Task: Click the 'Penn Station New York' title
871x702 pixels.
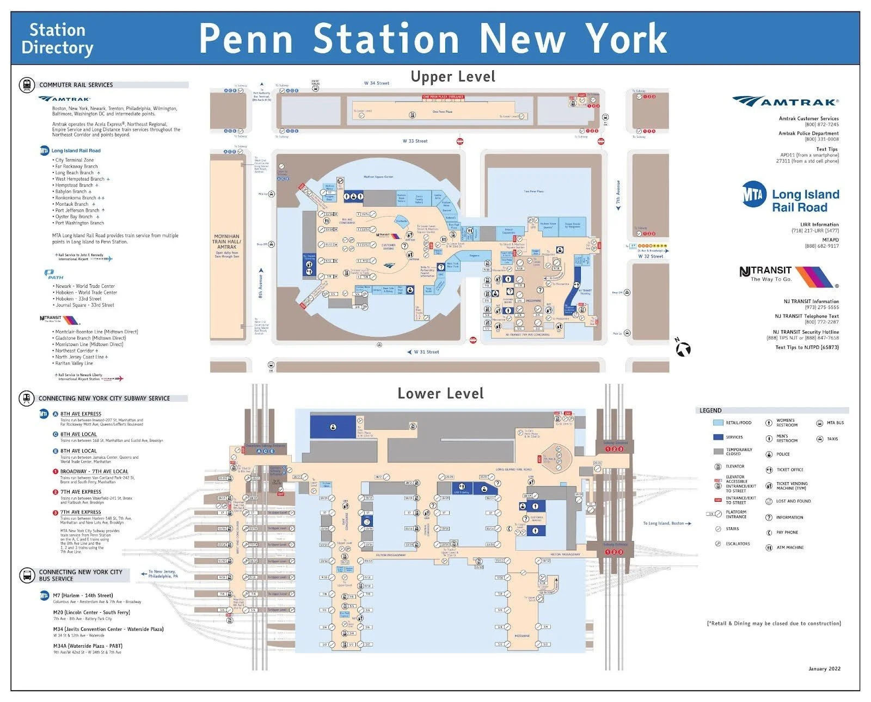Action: pyautogui.click(x=433, y=38)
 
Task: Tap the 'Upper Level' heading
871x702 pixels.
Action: pyautogui.click(x=453, y=77)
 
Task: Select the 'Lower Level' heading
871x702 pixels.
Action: pyautogui.click(x=440, y=393)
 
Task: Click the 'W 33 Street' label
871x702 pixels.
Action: pyautogui.click(x=415, y=141)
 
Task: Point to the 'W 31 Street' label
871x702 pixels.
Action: pyautogui.click(x=426, y=352)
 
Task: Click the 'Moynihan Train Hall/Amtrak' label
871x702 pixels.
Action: pyautogui.click(x=226, y=242)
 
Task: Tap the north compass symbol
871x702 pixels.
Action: pyautogui.click(x=683, y=348)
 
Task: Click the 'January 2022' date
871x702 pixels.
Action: pyautogui.click(x=824, y=669)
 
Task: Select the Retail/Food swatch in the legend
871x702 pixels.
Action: pyautogui.click(x=717, y=423)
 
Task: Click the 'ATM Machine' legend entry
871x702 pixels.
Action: pyautogui.click(x=789, y=547)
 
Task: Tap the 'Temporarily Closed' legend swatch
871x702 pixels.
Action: pyautogui.click(x=717, y=452)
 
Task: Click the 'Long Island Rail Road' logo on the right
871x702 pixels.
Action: pyautogui.click(x=790, y=200)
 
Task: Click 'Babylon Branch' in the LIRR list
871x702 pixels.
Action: pyautogui.click(x=71, y=192)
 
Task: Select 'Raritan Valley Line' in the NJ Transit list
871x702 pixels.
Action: pyautogui.click(x=74, y=363)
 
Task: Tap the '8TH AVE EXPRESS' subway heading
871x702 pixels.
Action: pyautogui.click(x=81, y=414)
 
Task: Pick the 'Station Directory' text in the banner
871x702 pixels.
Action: pyautogui.click(x=57, y=39)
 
